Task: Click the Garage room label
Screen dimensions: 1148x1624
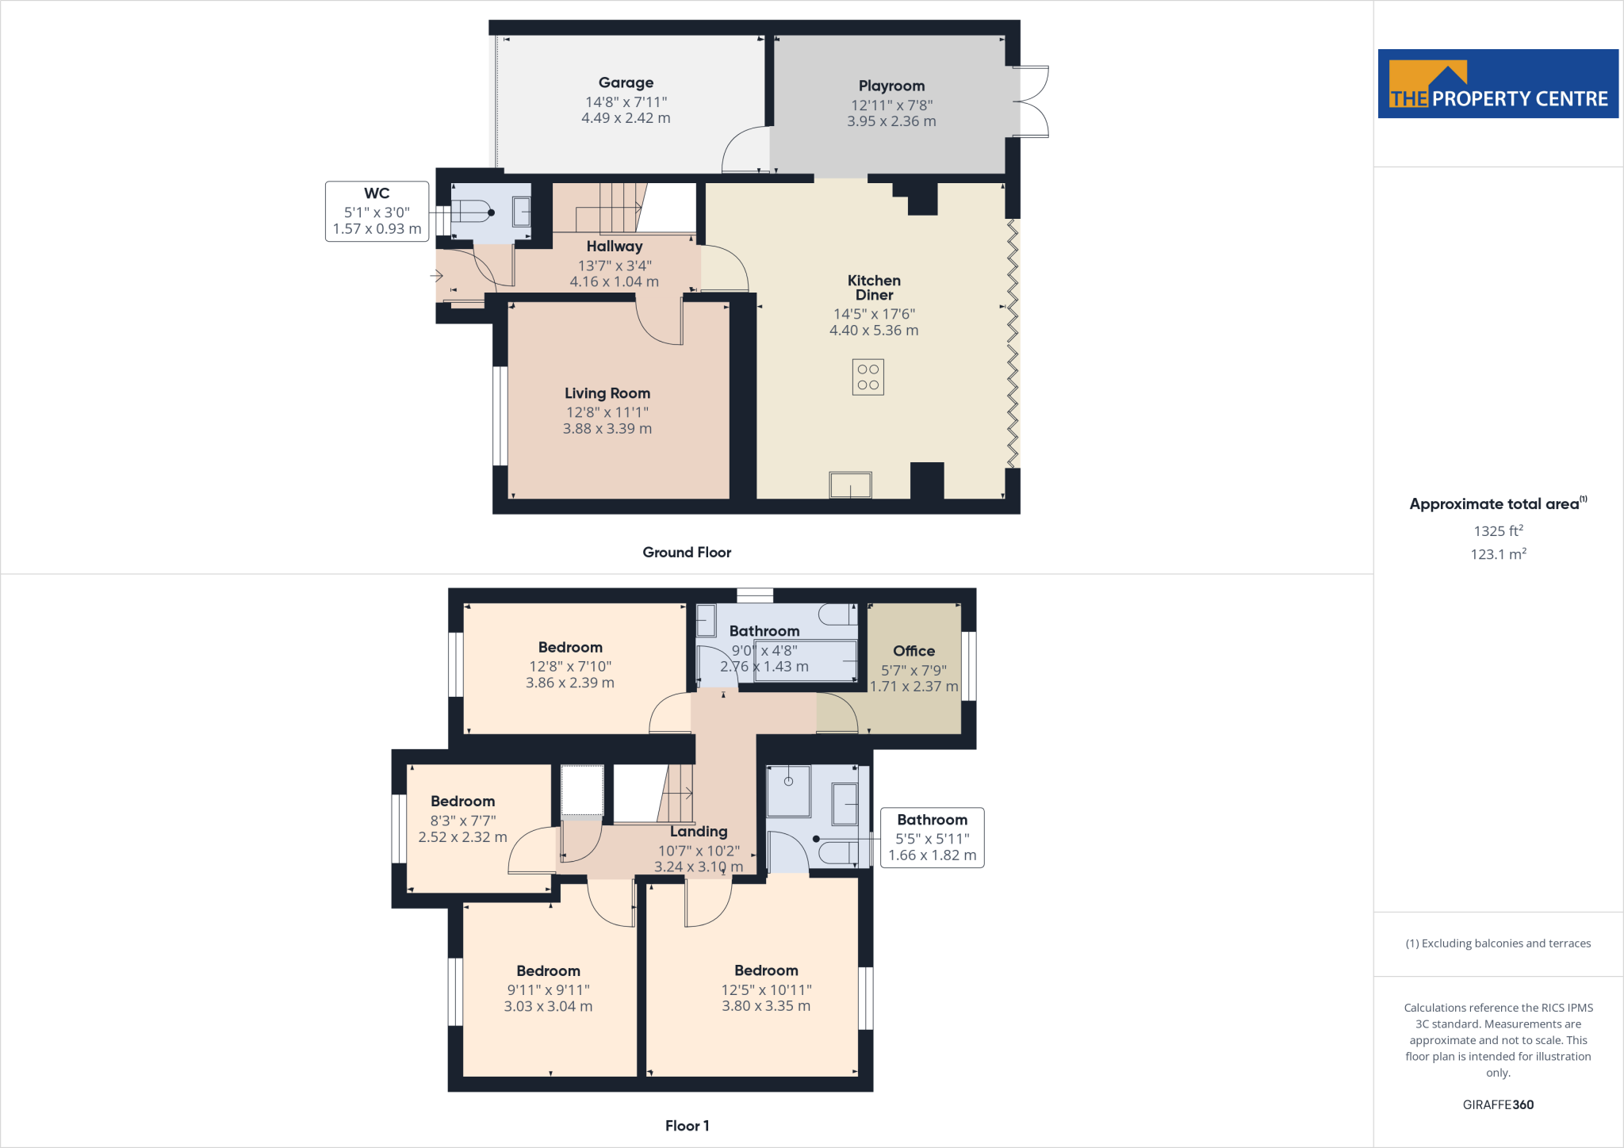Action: (x=626, y=82)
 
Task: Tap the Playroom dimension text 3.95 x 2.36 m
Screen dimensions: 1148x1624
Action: (x=891, y=121)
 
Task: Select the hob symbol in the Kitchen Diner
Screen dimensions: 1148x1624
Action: (x=868, y=377)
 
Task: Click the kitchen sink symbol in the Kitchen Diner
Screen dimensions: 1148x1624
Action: (x=850, y=484)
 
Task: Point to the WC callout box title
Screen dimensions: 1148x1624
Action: (x=377, y=193)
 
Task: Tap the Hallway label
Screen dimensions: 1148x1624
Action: (x=615, y=247)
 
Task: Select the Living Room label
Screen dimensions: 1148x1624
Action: (x=607, y=393)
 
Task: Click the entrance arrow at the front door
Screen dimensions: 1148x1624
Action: (x=436, y=276)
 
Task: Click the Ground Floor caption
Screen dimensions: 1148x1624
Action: (x=687, y=553)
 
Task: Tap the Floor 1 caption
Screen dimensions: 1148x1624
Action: (x=687, y=1126)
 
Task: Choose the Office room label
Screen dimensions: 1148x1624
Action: (x=913, y=651)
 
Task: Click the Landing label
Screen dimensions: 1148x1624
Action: (x=699, y=832)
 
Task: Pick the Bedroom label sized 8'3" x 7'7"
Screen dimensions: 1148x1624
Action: (x=462, y=802)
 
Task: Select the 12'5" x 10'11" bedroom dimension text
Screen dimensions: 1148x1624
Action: (x=766, y=990)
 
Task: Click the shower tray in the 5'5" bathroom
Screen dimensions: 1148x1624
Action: (x=788, y=790)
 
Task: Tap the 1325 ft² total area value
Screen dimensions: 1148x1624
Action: (x=1498, y=531)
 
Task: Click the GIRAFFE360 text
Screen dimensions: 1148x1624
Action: (x=1498, y=1104)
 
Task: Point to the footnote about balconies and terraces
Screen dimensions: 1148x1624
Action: (x=1498, y=943)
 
